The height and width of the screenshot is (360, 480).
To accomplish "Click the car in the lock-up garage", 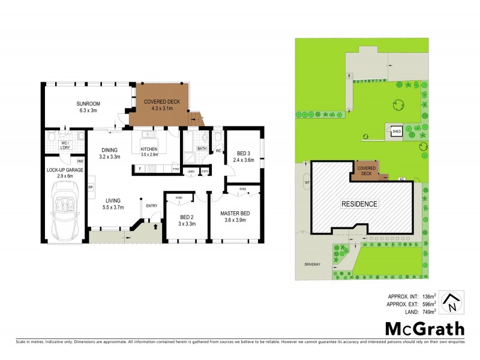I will pos(64,210).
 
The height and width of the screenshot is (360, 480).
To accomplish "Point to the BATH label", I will pos(202,148).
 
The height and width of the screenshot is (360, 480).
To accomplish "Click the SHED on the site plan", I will pos(396,132).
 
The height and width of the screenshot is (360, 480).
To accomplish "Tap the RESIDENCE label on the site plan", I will pos(360,204).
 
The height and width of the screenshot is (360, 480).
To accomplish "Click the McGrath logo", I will pos(424,328).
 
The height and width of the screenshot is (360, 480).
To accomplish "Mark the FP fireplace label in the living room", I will pos(91,188).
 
